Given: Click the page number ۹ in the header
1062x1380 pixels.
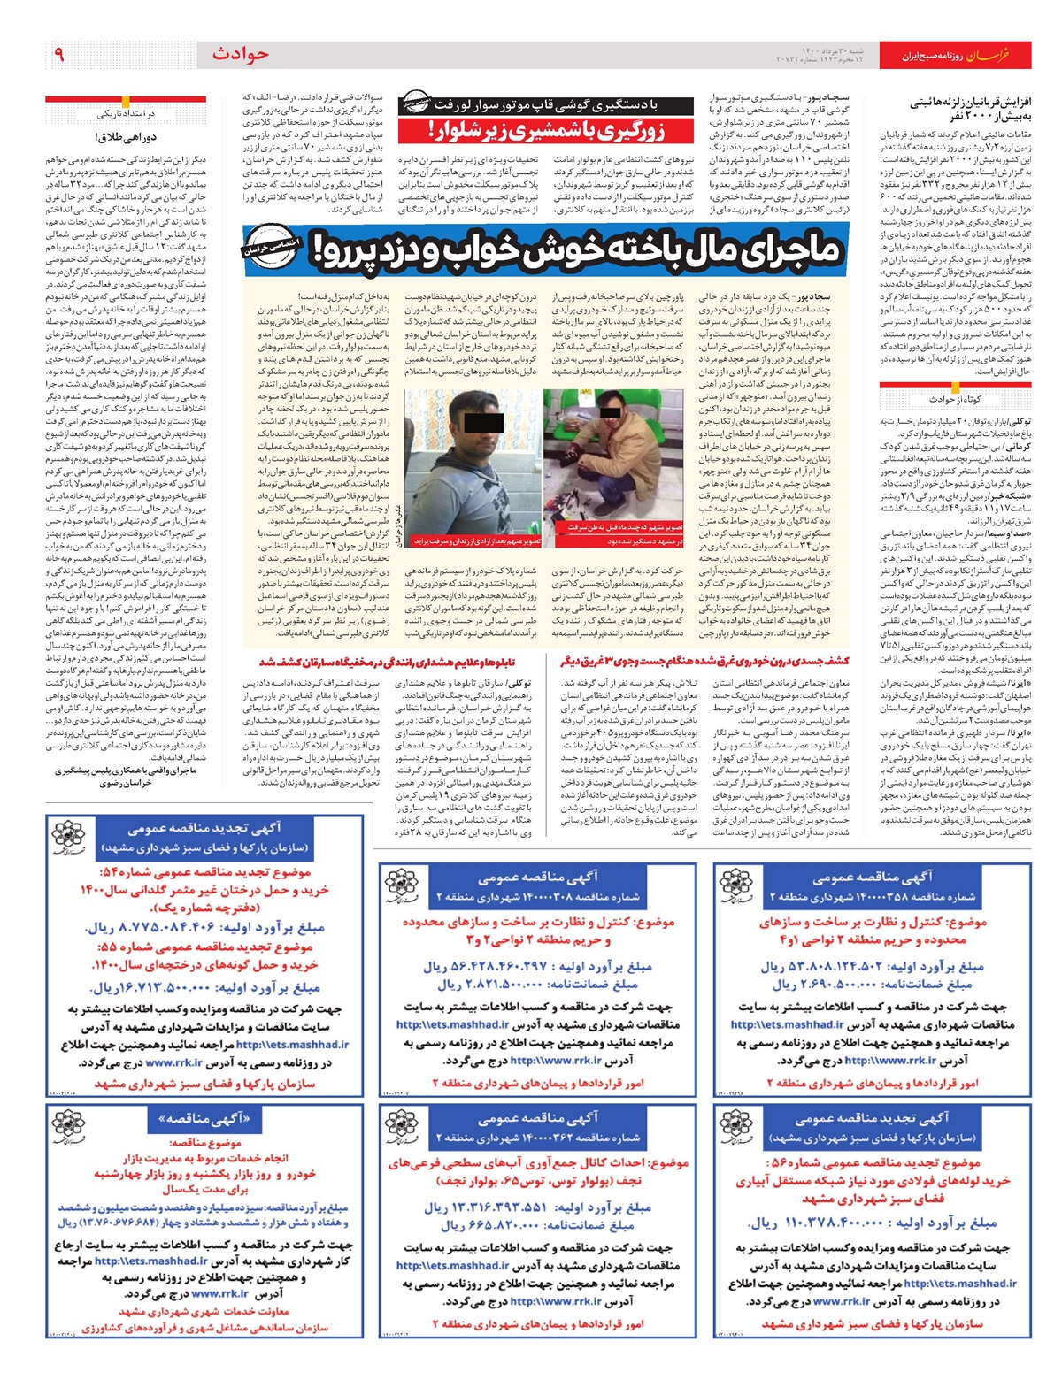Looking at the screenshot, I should pyautogui.click(x=60, y=55).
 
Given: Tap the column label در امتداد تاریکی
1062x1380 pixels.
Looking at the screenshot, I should pyautogui.click(x=127, y=114).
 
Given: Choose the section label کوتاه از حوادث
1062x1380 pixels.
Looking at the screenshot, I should pyautogui.click(x=954, y=399).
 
